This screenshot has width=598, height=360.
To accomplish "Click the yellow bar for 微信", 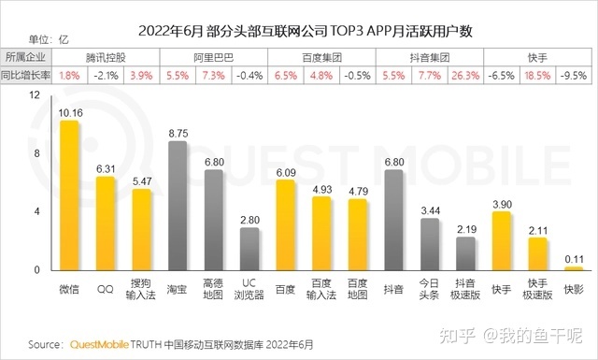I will click(x=69, y=196).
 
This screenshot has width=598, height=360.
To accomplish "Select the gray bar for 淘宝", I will click(x=177, y=207).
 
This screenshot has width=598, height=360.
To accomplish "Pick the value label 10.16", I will click(x=69, y=113).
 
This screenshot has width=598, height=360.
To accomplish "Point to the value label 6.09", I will click(x=285, y=172).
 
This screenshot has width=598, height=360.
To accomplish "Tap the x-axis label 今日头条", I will click(x=429, y=288).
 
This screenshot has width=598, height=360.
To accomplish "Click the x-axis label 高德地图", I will click(x=213, y=288).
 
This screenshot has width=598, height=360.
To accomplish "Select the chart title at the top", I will click(x=299, y=31).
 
